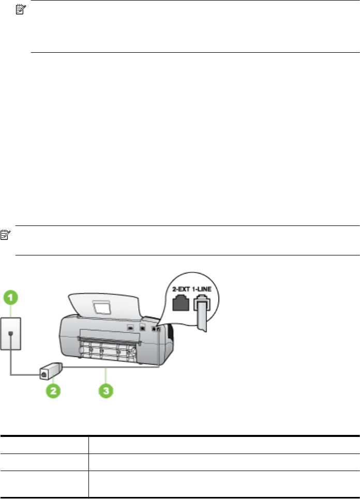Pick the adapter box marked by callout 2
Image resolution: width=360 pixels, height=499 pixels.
pyautogui.click(x=51, y=371)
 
